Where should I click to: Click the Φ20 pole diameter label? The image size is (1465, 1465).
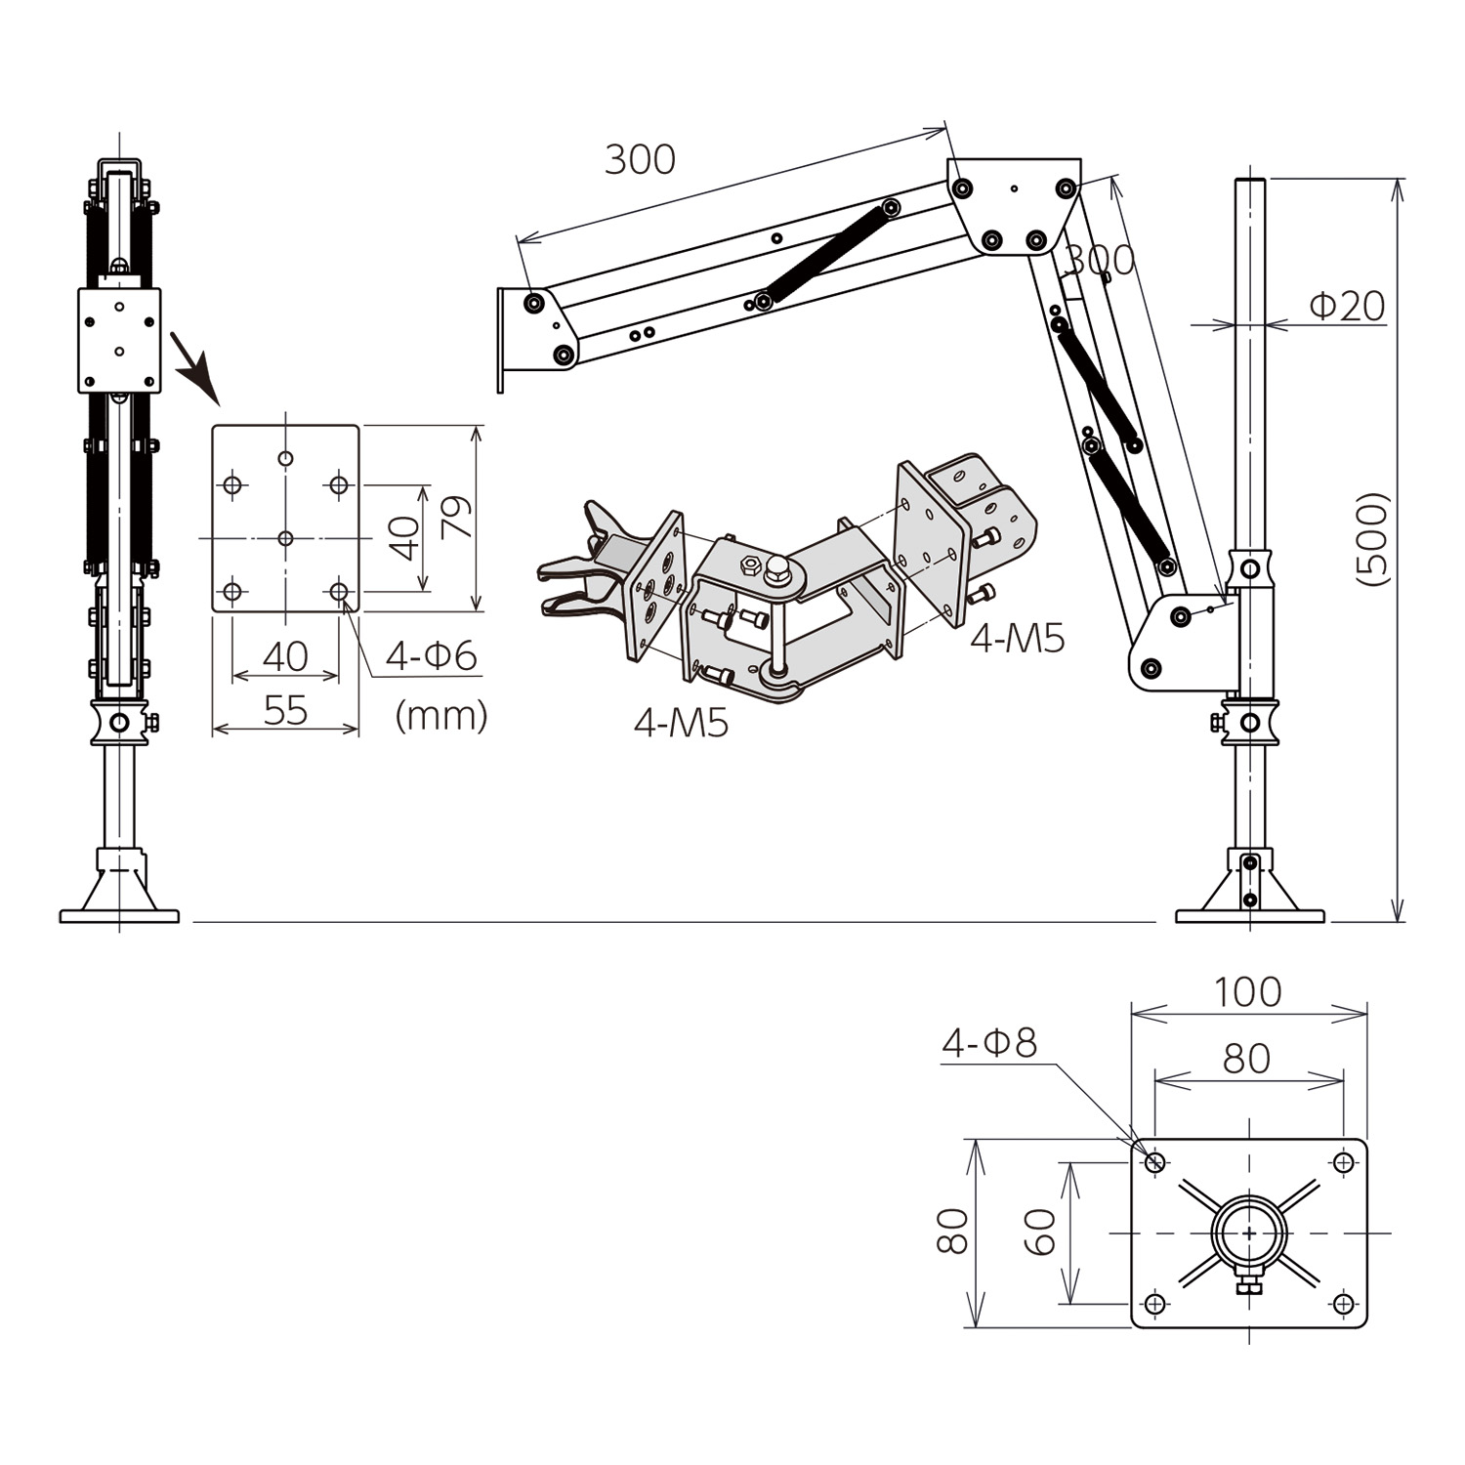click(x=1347, y=307)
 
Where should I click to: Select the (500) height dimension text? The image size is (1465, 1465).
click(x=1372, y=538)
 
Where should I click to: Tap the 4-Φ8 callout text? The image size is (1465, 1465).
click(x=988, y=1043)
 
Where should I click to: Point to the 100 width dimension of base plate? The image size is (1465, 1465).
click(x=1247, y=992)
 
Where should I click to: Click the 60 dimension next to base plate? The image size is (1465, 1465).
click(x=1040, y=1233)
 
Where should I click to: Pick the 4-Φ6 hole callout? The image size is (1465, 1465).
click(x=431, y=655)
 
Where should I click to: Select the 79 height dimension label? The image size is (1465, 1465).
click(x=456, y=517)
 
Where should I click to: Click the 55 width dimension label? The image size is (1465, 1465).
click(x=285, y=711)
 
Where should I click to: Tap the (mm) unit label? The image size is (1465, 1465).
click(x=441, y=716)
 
